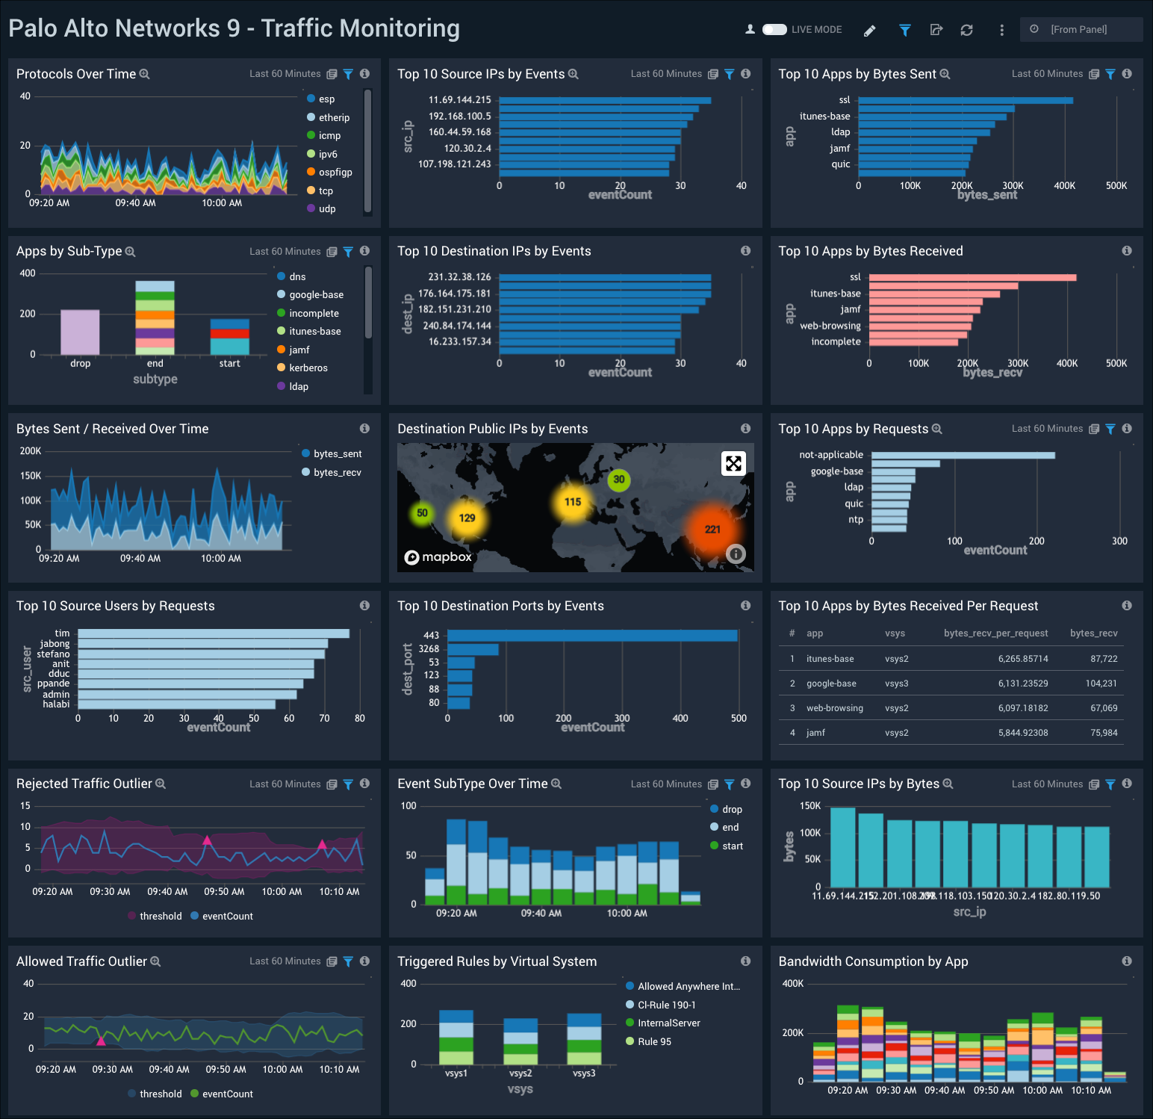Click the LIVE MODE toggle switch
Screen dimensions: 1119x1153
[x=774, y=30]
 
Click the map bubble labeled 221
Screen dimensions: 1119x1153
[x=712, y=529]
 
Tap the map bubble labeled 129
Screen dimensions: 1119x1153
[x=467, y=518]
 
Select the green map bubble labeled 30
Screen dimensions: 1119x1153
[x=619, y=480]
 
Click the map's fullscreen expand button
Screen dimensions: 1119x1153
[x=733, y=463]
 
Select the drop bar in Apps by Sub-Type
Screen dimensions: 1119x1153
[x=80, y=332]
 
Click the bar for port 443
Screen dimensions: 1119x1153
[x=591, y=636]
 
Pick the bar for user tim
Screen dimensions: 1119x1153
[x=213, y=633]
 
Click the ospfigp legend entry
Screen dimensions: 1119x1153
[x=335, y=173]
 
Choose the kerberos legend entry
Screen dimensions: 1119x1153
[x=308, y=368]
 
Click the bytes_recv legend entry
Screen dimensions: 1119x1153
[x=337, y=473]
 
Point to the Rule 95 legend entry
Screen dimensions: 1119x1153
[x=654, y=1042]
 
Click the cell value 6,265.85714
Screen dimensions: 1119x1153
[x=1022, y=659]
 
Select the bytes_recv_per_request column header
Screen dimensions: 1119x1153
[x=995, y=633]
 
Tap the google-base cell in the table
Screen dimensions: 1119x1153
[x=831, y=684]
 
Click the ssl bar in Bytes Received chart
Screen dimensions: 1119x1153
[x=972, y=278]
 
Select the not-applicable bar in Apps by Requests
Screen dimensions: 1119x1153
[x=963, y=455]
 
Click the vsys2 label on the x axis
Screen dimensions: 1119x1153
[x=520, y=1073]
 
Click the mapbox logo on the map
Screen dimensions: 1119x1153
[x=438, y=557]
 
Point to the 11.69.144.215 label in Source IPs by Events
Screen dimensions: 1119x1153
[x=459, y=100]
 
